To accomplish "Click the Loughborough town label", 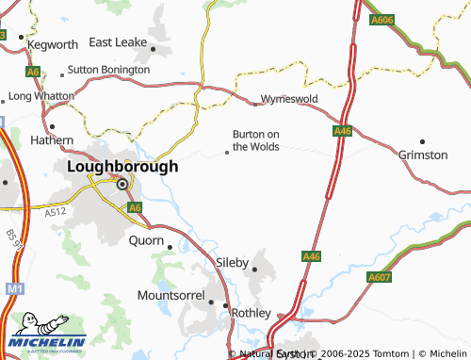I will tap(122, 166).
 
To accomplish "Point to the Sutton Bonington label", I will tap(108, 70).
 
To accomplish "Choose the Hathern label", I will tap(52, 140).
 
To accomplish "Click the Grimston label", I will tap(423, 154).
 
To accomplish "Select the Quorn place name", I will tap(145, 240).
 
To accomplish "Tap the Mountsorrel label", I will tap(171, 295).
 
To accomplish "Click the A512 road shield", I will tap(56, 213).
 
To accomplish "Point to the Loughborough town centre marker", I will tap(122, 185).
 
